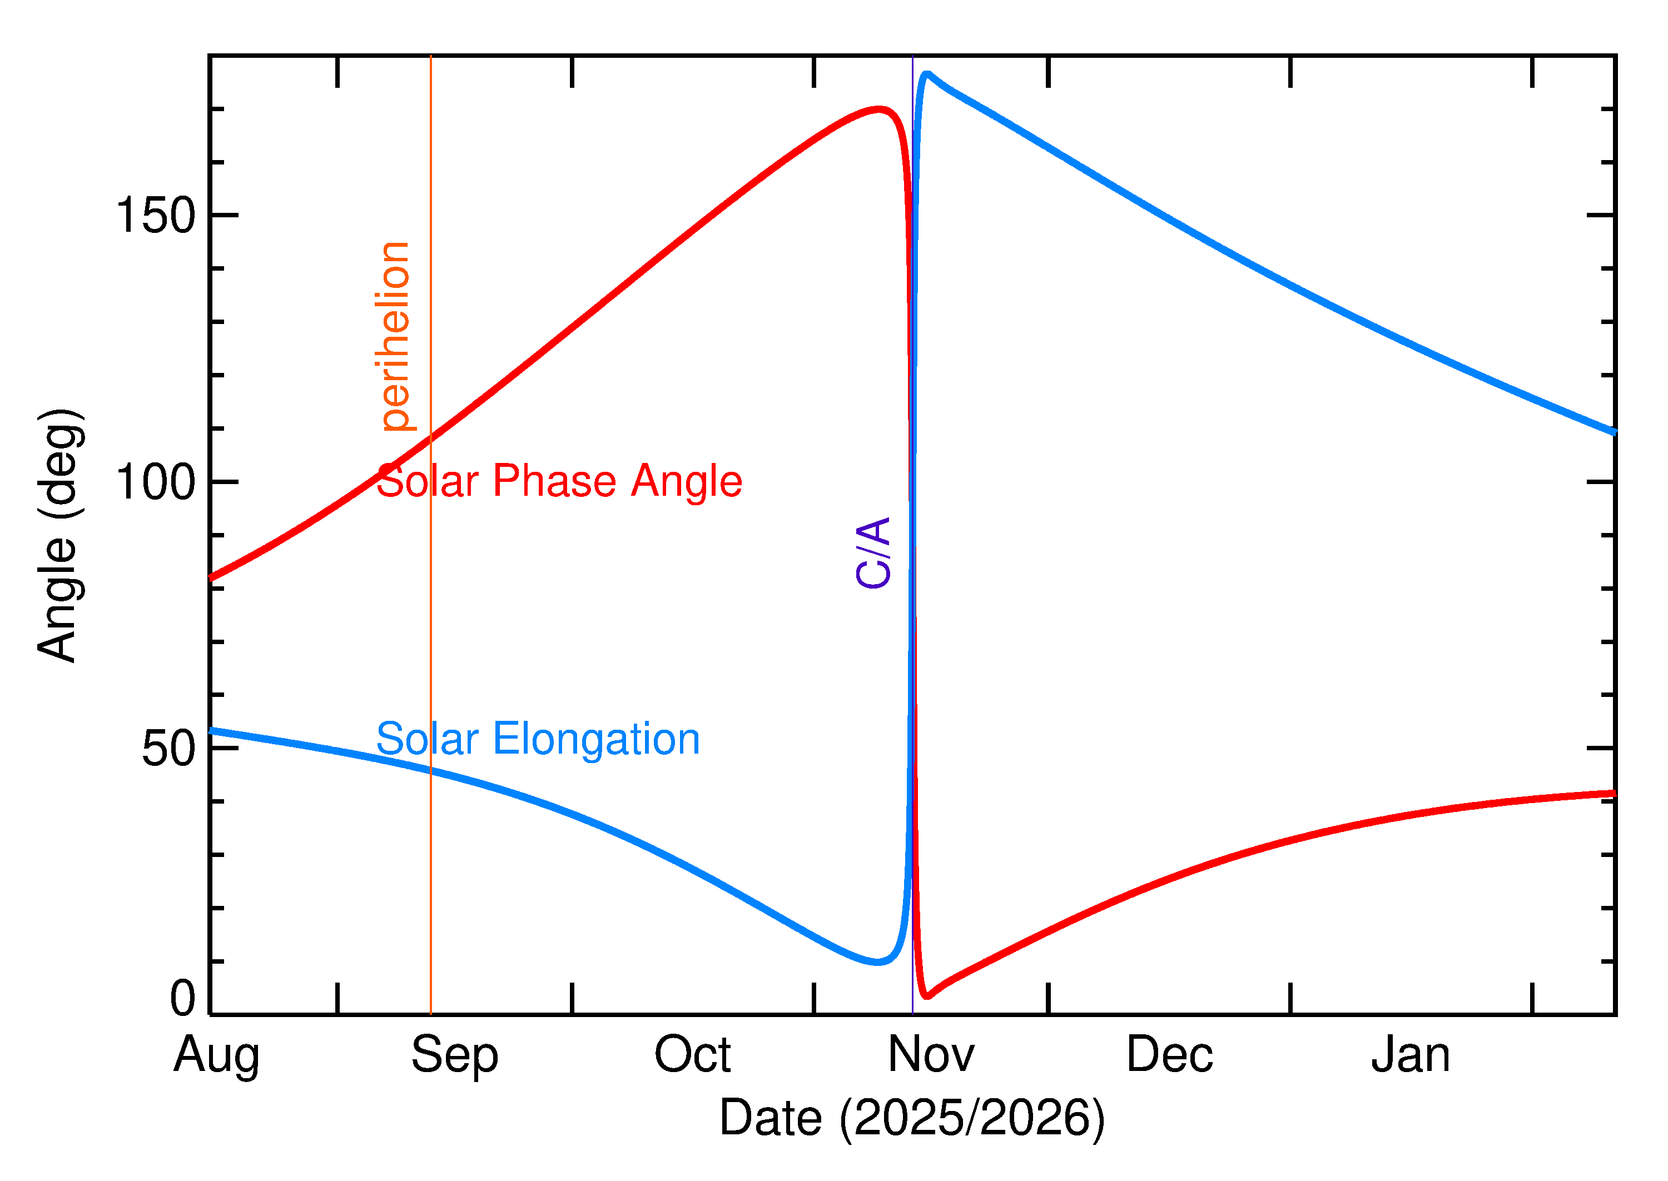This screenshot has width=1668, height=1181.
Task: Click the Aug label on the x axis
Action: point(216,1055)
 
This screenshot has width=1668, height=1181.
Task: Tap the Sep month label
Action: point(455,1055)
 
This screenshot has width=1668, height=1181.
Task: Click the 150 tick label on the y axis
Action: point(156,216)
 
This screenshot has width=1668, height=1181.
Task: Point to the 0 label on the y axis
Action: point(182,999)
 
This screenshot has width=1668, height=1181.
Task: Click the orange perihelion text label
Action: point(394,336)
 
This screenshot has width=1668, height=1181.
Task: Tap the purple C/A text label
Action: point(873,552)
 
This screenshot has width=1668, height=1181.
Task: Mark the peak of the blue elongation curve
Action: point(926,73)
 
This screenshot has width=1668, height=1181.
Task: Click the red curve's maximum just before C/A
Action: point(880,110)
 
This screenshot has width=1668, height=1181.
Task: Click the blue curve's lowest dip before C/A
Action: point(878,962)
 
